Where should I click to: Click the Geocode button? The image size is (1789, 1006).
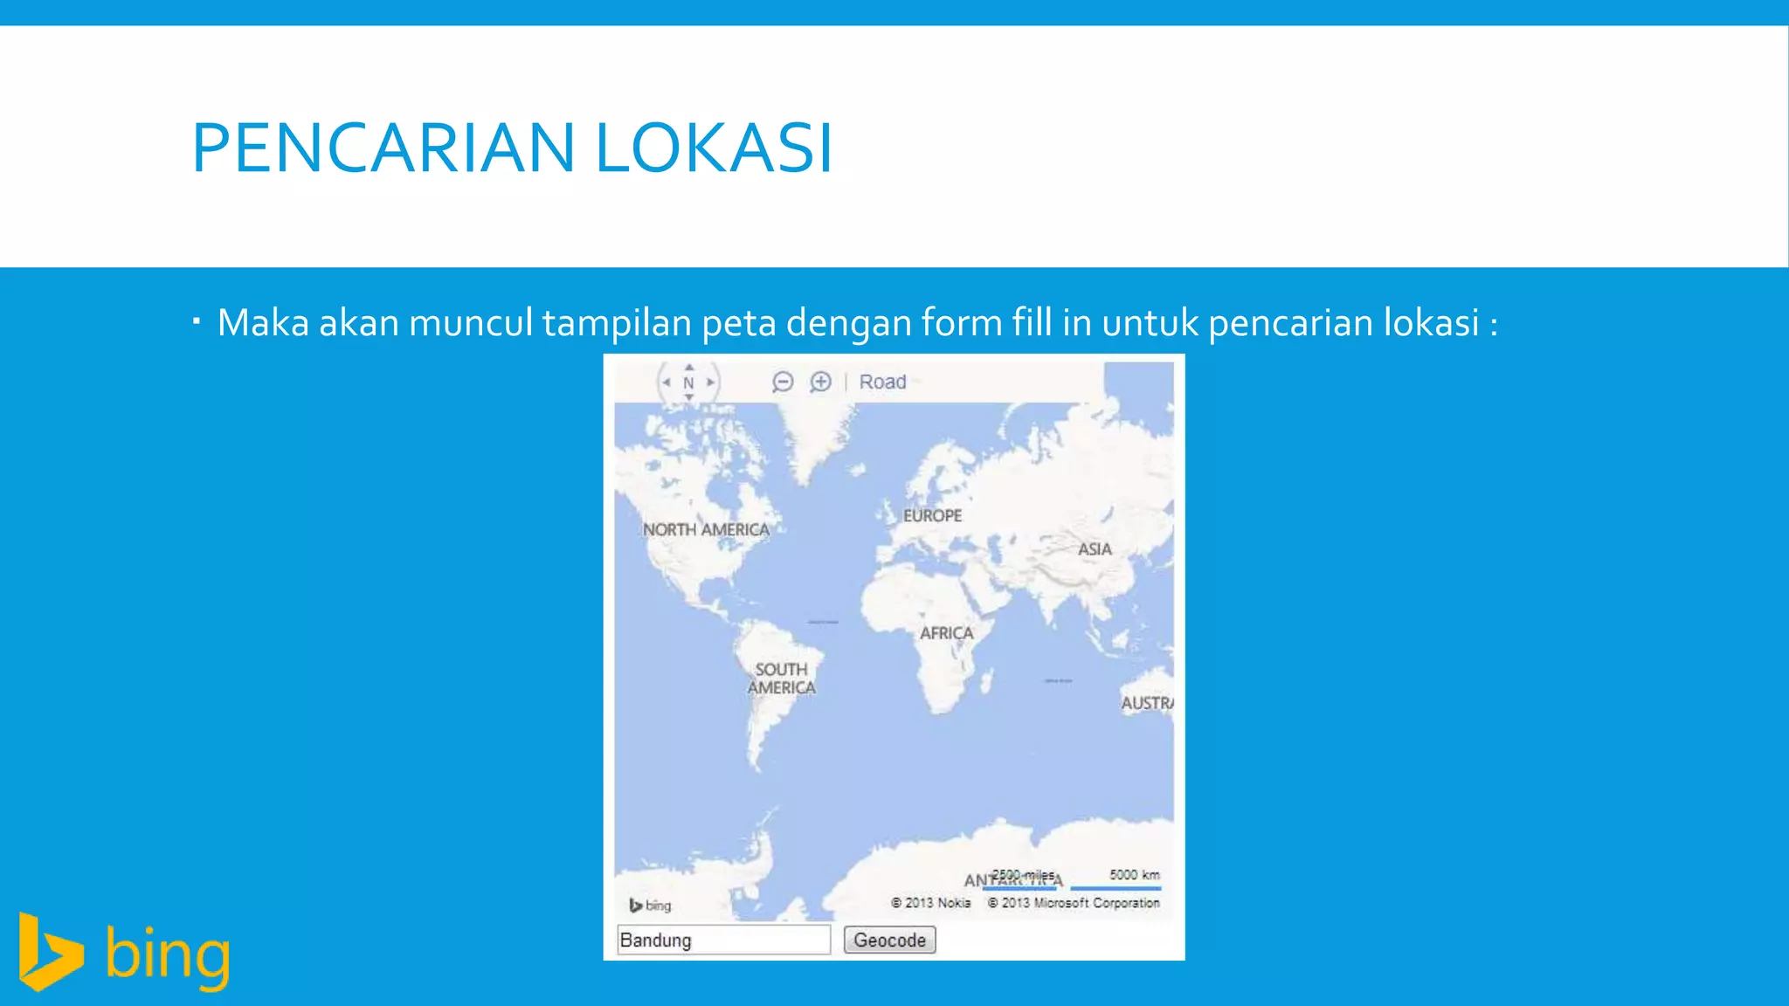[889, 940]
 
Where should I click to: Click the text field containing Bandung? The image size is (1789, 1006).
[723, 940]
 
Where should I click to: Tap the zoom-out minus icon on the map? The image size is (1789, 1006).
[783, 382]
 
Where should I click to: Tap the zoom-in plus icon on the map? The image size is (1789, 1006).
[820, 382]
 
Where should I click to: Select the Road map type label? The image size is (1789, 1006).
[882, 382]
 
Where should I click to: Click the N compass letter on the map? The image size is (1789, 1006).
[688, 382]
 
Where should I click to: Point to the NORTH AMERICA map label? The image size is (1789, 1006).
[706, 529]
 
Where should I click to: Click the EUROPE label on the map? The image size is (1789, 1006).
[932, 515]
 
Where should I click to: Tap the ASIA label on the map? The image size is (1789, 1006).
[1095, 548]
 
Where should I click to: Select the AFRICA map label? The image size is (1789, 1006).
[946, 632]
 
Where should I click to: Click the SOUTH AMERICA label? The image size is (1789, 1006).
[782, 679]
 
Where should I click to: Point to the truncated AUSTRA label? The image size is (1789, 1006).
[1147, 703]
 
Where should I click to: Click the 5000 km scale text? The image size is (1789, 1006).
[1135, 874]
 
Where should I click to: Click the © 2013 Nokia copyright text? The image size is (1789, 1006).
[931, 903]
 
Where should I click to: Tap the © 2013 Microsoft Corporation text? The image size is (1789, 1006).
[1074, 903]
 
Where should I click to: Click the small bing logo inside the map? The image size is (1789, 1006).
[651, 906]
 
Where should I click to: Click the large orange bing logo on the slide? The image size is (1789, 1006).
[125, 953]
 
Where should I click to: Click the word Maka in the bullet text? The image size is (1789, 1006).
[263, 322]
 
